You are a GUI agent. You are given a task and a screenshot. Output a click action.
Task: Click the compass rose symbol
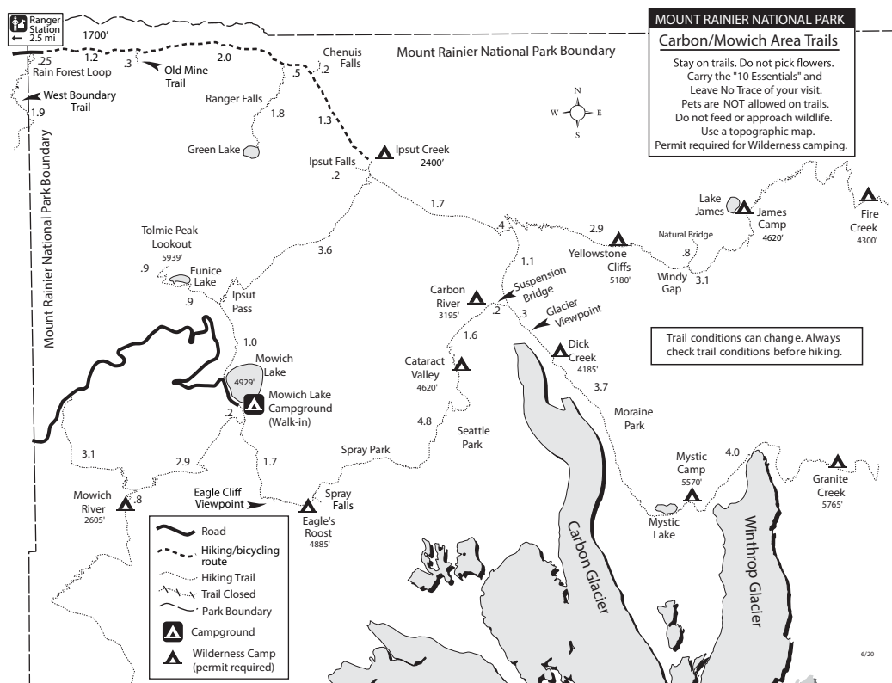(578, 112)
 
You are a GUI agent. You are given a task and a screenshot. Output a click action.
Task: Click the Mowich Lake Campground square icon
(253, 403)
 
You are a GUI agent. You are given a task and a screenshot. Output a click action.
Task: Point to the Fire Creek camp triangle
(868, 195)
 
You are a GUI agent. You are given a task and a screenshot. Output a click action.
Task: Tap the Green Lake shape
(251, 151)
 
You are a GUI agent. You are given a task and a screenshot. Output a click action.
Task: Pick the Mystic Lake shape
(666, 509)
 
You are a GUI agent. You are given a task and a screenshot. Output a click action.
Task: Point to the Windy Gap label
(671, 283)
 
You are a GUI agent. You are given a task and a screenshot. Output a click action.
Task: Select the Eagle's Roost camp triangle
(307, 507)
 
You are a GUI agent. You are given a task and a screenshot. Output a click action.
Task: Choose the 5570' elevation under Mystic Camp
(692, 483)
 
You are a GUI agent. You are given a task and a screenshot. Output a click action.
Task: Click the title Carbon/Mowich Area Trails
(747, 41)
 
